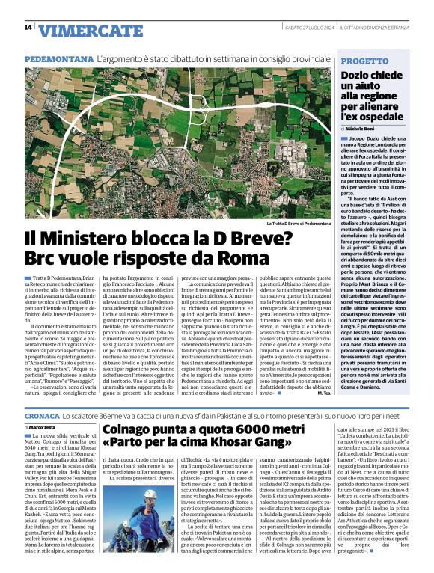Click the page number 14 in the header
pyautogui.click(x=28, y=28)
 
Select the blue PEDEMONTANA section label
pyautogui.click(x=58, y=58)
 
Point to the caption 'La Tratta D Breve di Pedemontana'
pyautogui.click(x=297, y=223)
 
